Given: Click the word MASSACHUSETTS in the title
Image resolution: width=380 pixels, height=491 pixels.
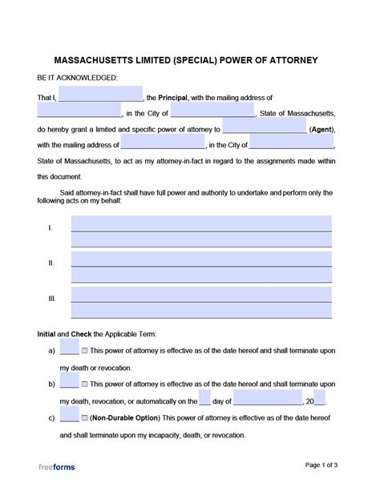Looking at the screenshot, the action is point(95,60).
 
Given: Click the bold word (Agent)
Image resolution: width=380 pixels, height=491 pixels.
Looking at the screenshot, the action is point(321,129).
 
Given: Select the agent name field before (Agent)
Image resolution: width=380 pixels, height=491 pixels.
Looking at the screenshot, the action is point(265,128).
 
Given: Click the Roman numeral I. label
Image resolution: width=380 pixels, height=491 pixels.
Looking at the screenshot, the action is point(51,228).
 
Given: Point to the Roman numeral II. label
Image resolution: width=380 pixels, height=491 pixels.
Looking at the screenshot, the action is point(51,263).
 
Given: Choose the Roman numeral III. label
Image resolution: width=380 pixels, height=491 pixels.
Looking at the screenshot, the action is point(52,298).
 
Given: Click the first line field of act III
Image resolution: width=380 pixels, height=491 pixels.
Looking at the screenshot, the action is point(201,291).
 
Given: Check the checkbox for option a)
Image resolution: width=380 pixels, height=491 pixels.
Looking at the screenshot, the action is point(85,351).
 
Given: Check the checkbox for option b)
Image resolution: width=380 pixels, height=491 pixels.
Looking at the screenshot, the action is point(85,384).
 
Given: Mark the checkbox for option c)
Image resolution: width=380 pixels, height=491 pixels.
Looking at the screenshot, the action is point(85,418).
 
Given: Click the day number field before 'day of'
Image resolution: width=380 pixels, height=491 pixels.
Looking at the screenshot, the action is point(205,399).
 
